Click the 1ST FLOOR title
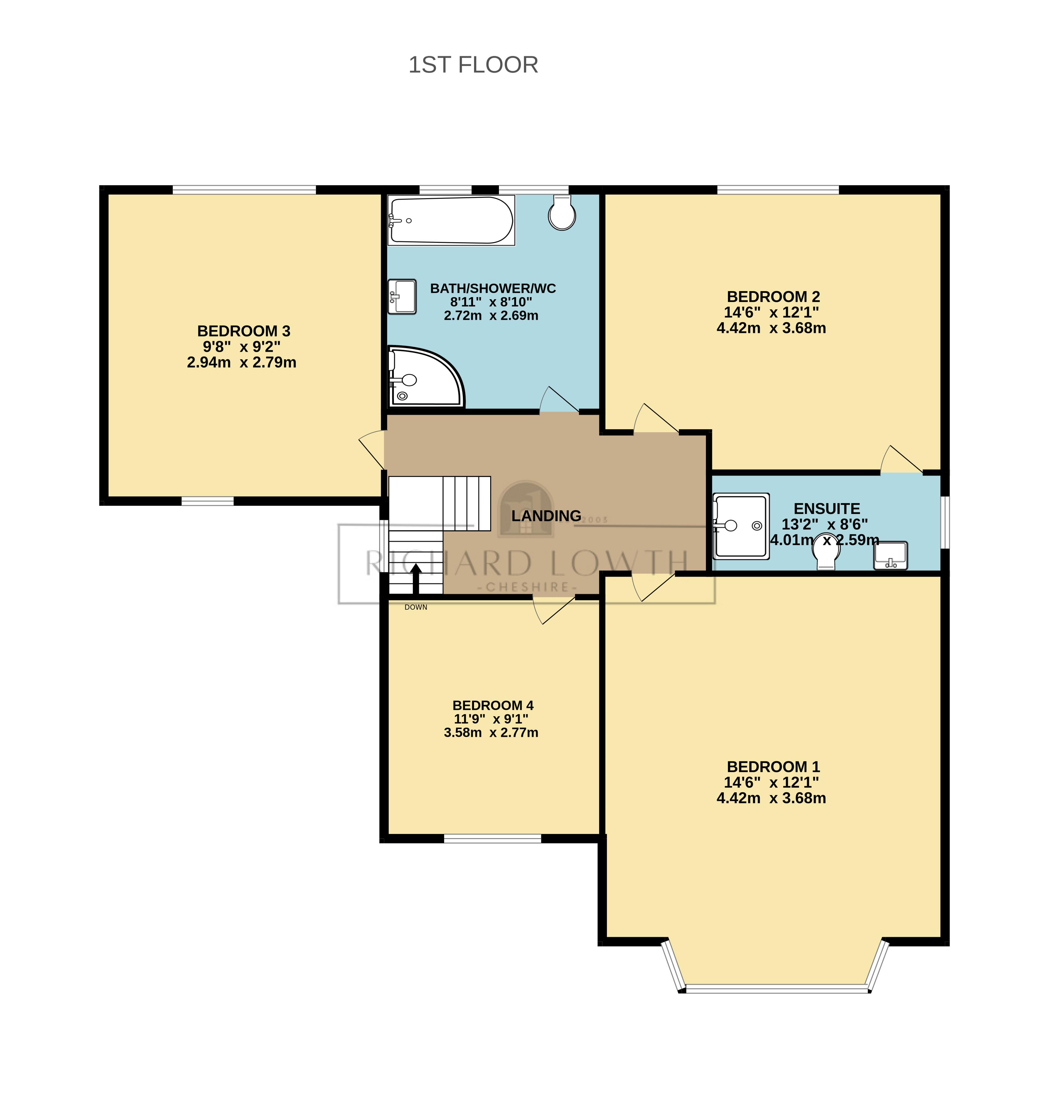tap(473, 65)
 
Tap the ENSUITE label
tap(826, 509)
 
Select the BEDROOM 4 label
tap(493, 705)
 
